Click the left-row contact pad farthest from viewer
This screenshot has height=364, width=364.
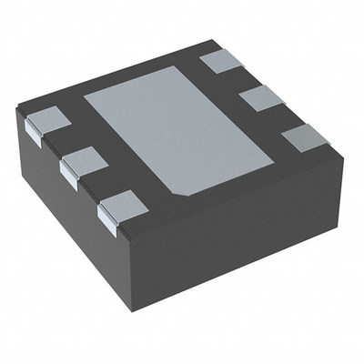45,121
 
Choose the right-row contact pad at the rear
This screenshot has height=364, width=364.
219,61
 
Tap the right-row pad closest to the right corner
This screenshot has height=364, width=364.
306,138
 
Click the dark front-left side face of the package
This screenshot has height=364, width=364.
64,209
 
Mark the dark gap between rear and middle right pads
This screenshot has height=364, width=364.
238,79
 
